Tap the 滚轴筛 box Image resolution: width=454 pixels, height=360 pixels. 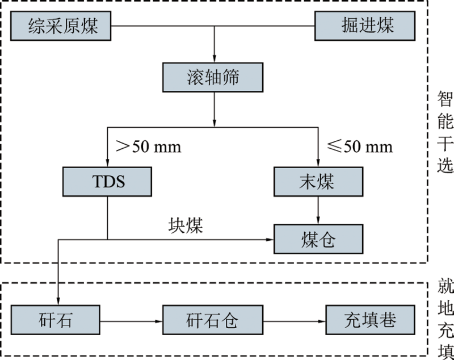[213, 76]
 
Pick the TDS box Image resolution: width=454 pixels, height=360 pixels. [107, 181]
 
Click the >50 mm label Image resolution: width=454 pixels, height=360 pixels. [148, 146]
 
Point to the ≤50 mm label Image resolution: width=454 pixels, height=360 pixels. [360, 146]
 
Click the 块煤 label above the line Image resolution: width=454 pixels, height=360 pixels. [186, 225]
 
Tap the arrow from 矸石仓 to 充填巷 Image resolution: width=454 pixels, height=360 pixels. [294, 321]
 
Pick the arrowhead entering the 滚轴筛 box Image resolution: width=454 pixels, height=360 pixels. [214, 58]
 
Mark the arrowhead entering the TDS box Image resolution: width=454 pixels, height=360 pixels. [107, 163]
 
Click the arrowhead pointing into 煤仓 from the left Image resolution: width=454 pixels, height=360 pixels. [270, 240]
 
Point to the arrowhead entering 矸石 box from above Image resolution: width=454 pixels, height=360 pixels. [58, 302]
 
